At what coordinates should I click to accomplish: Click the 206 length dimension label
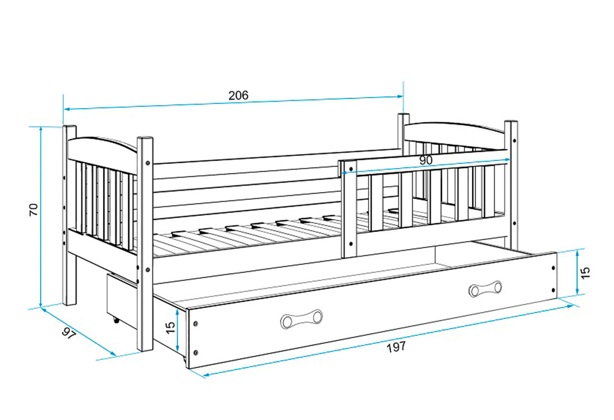[x=238, y=95]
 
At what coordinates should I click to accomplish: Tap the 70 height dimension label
[x=33, y=210]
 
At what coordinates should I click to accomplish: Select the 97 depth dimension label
[x=68, y=333]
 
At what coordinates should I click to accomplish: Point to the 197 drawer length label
[x=396, y=347]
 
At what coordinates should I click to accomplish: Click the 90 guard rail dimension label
[x=426, y=160]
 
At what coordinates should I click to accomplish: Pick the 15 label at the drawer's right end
[x=585, y=273]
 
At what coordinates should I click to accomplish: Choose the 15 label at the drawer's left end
[x=170, y=327]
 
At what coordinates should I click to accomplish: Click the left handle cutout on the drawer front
[x=301, y=319]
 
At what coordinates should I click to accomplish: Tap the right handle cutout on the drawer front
[x=485, y=289]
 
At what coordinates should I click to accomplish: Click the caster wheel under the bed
[x=116, y=320]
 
